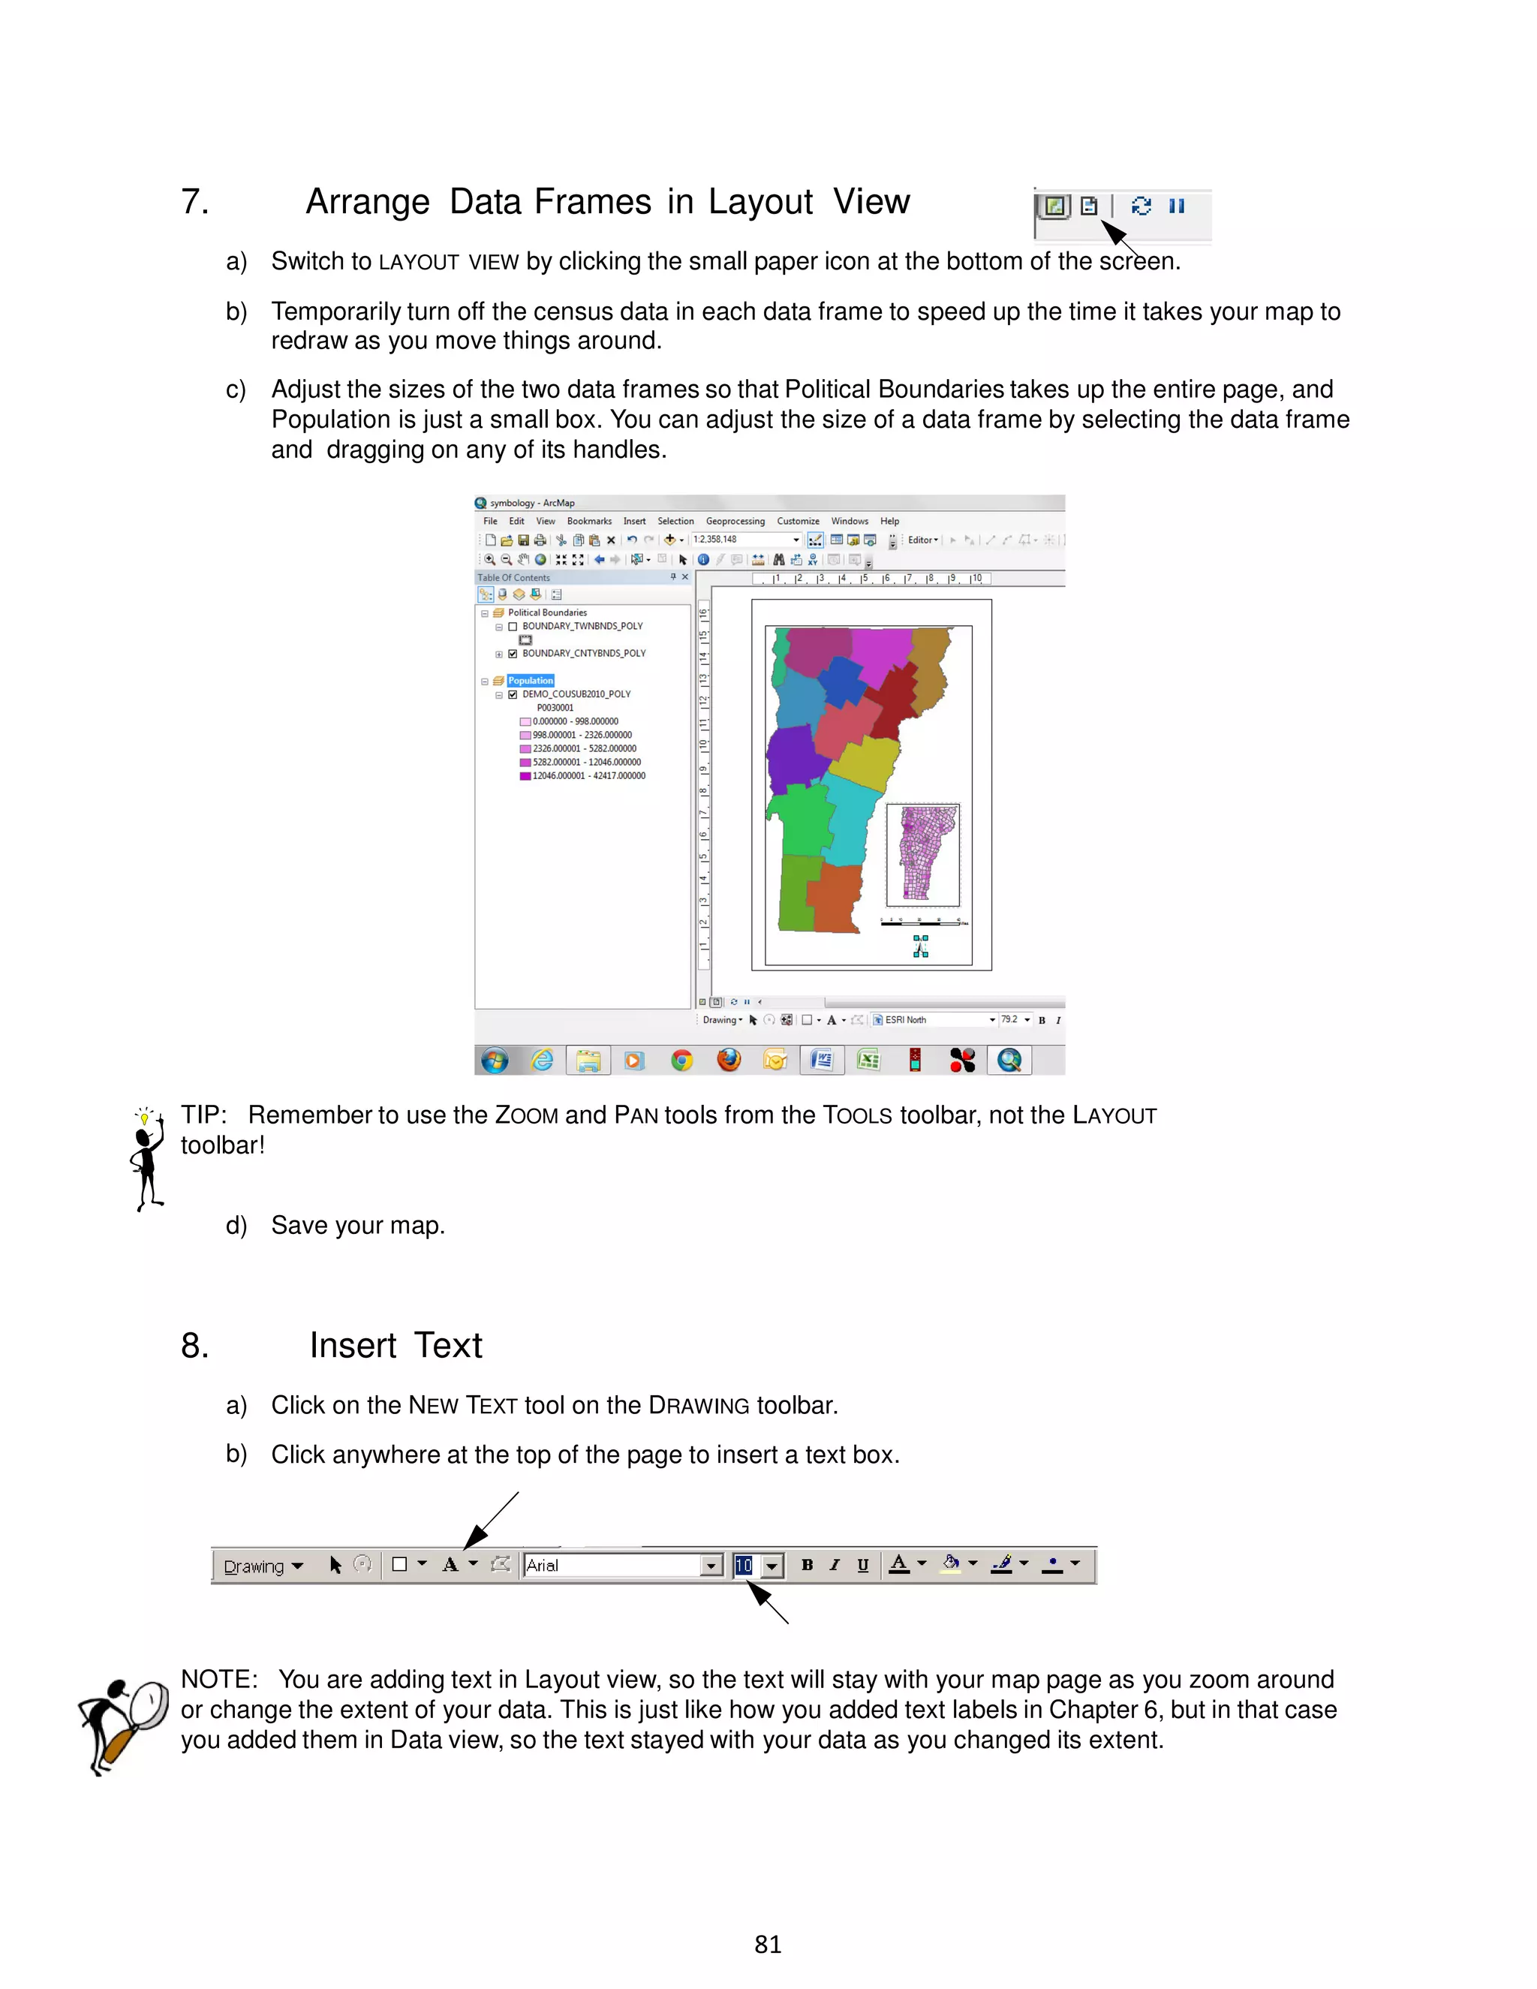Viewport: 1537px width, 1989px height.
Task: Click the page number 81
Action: pyautogui.click(x=768, y=1945)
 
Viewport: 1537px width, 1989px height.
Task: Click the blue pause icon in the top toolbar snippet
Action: pyautogui.click(x=1177, y=206)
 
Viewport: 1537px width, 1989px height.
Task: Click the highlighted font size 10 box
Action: pyautogui.click(x=744, y=1565)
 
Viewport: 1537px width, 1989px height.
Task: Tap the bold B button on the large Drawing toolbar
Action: pyautogui.click(x=807, y=1565)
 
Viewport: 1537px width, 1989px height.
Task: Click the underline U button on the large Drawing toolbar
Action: pyautogui.click(x=862, y=1565)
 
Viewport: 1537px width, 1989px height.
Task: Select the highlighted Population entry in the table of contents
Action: pyautogui.click(x=530, y=680)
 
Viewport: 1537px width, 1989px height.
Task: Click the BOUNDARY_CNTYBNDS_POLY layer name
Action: pyautogui.click(x=584, y=653)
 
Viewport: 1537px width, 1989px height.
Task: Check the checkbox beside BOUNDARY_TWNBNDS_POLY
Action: pyautogui.click(x=513, y=627)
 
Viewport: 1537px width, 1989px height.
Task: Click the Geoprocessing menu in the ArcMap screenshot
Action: pyautogui.click(x=735, y=521)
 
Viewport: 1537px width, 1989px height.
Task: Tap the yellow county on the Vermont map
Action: pyautogui.click(x=862, y=763)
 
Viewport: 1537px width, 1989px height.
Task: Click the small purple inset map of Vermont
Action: pyautogui.click(x=922, y=854)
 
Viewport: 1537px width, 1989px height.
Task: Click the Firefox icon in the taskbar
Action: pyautogui.click(x=729, y=1060)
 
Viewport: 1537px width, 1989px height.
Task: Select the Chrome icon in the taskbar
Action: pyautogui.click(x=681, y=1060)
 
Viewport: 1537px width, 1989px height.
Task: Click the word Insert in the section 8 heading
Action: pyautogui.click(x=353, y=1345)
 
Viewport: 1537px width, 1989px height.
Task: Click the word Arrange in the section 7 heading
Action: pyautogui.click(x=367, y=201)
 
